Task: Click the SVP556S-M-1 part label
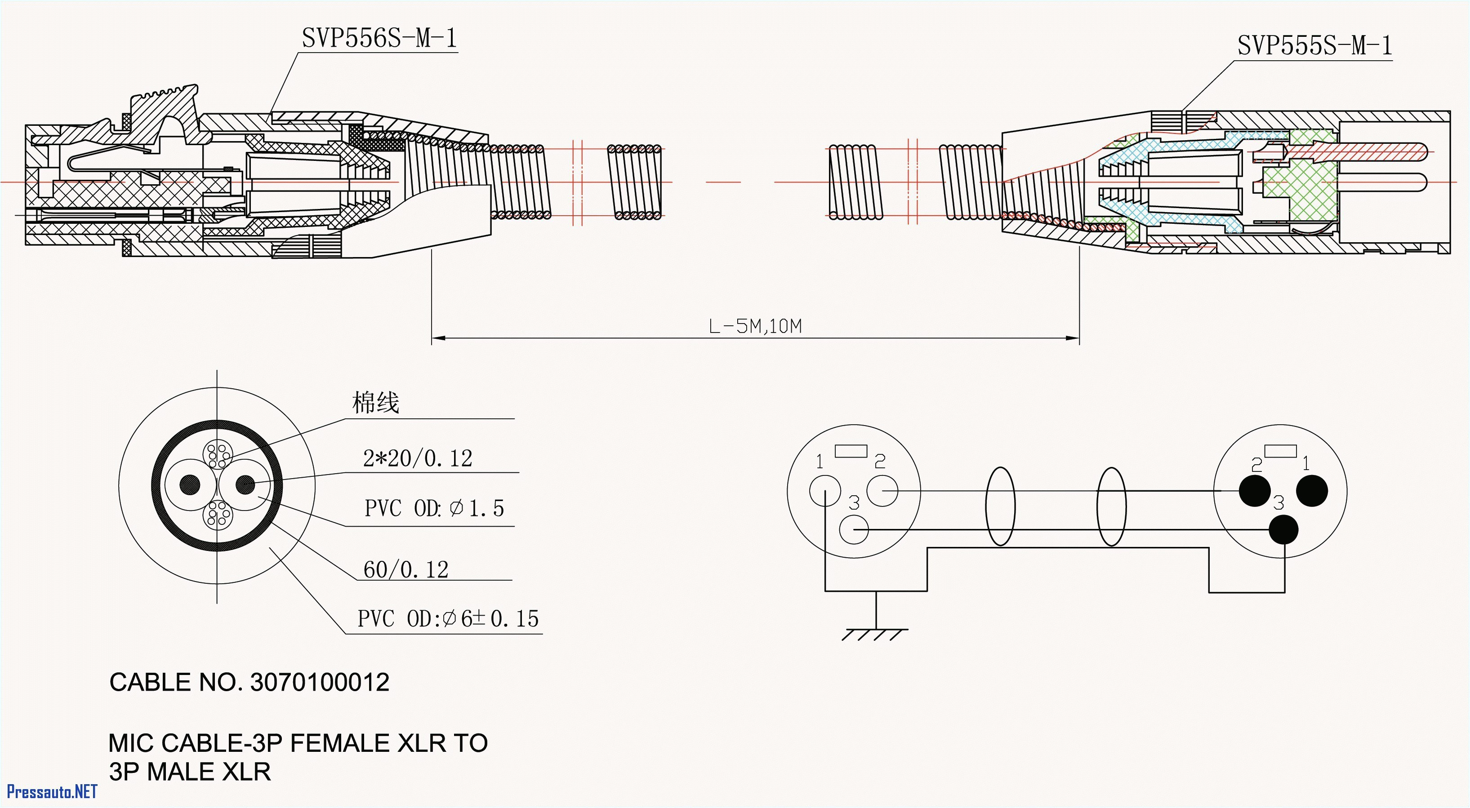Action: point(379,38)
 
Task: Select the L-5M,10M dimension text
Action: point(755,326)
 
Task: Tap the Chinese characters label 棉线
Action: point(375,403)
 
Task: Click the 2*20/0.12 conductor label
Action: point(418,459)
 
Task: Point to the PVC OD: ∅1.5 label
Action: point(434,508)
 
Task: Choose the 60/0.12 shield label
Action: point(406,569)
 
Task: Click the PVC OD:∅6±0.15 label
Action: point(448,618)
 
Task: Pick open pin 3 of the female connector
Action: point(854,529)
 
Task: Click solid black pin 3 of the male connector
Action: point(1283,529)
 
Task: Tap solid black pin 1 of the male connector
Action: point(1312,491)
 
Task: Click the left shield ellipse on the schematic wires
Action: point(1000,506)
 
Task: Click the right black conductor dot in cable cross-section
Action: point(245,485)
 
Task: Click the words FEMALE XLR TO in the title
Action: point(388,743)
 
